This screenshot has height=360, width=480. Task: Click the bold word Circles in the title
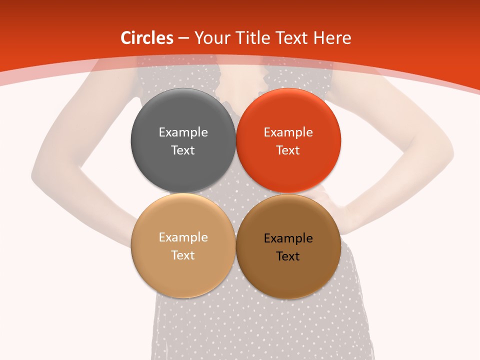[147, 38]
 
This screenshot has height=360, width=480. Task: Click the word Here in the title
[332, 38]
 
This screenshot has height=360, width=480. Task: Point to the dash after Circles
[183, 38]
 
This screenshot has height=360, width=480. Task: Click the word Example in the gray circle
[183, 132]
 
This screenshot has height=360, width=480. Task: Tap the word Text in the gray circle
[183, 150]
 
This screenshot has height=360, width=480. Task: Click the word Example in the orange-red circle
[288, 132]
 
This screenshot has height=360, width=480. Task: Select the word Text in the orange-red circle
[288, 150]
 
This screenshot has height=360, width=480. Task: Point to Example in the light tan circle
[183, 237]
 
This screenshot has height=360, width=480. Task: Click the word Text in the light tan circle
[183, 255]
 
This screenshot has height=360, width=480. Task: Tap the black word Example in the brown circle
[288, 238]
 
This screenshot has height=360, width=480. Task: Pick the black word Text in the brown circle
[288, 256]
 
